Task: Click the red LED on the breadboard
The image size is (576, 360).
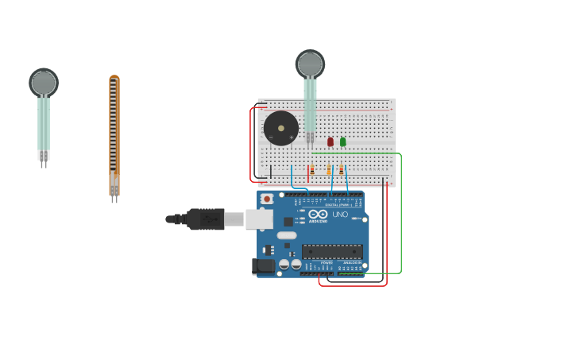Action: (x=331, y=141)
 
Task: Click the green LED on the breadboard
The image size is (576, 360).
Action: (x=343, y=141)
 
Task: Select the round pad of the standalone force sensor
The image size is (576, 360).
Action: (x=44, y=82)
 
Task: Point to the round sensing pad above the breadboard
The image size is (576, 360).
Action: (x=310, y=64)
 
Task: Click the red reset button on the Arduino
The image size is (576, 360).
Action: (x=267, y=199)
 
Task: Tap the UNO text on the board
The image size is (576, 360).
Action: (x=339, y=215)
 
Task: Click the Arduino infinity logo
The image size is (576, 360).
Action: (x=319, y=215)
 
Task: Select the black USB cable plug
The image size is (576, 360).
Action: (x=205, y=219)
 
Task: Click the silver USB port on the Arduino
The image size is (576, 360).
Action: (x=259, y=219)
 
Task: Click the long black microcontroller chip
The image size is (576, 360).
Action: (x=332, y=252)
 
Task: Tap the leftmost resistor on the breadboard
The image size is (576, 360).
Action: (x=312, y=170)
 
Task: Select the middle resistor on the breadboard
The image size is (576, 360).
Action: (x=329, y=170)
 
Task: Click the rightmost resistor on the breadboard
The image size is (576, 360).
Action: (x=342, y=170)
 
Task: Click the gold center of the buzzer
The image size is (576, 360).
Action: (x=281, y=128)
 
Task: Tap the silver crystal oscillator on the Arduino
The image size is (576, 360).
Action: (x=287, y=235)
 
